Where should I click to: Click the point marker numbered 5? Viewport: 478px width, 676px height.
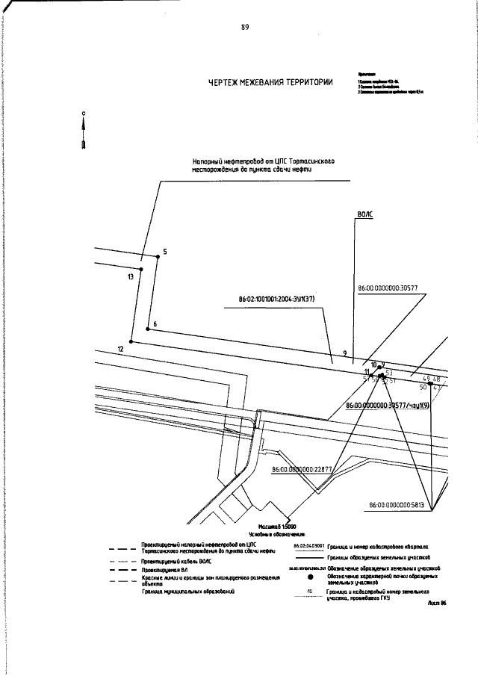157,257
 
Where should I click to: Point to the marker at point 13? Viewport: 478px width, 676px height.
141,267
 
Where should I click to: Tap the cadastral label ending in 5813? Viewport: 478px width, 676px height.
397,505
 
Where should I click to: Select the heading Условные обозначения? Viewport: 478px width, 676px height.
281,534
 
